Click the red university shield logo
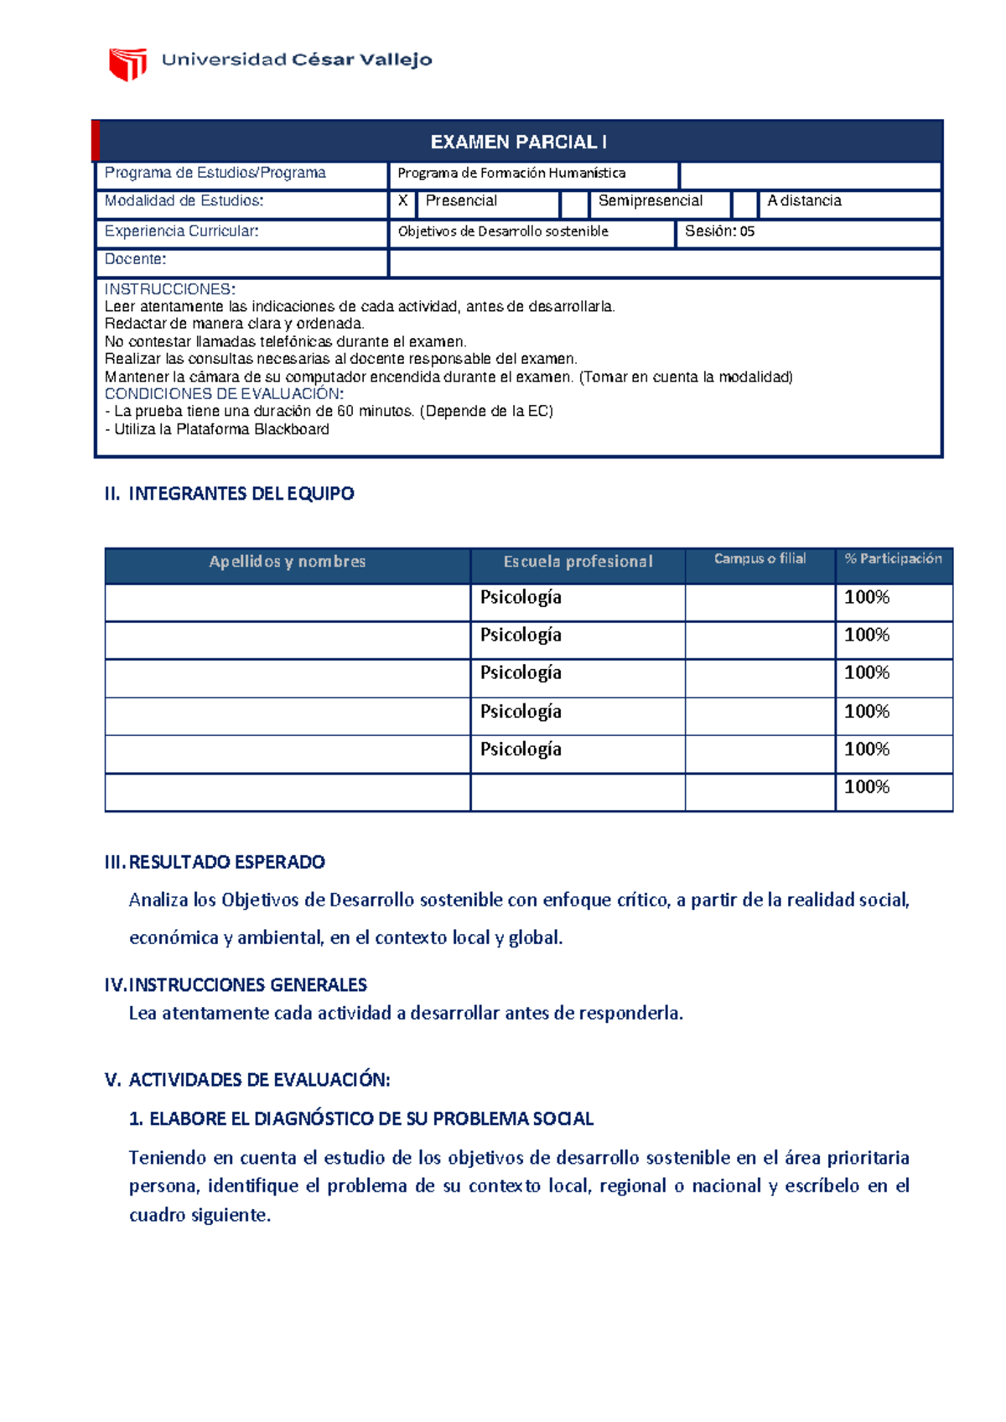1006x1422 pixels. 127,64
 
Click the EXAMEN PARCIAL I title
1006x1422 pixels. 519,143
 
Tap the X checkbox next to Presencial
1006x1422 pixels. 403,201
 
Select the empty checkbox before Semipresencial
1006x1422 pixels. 574,204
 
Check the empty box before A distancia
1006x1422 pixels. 744,204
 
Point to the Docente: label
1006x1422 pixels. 135,259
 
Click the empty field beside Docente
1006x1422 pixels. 664,262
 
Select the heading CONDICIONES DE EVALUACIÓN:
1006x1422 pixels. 224,394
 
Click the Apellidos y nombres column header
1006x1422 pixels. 287,562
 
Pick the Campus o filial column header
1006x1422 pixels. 760,559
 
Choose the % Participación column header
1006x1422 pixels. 893,559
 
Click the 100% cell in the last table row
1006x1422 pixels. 867,787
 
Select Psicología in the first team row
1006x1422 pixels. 521,598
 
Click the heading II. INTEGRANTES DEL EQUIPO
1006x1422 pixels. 229,494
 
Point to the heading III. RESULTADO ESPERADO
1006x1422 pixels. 215,862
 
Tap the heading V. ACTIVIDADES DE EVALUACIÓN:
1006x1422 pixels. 247,1080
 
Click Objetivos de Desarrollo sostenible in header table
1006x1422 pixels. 503,231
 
